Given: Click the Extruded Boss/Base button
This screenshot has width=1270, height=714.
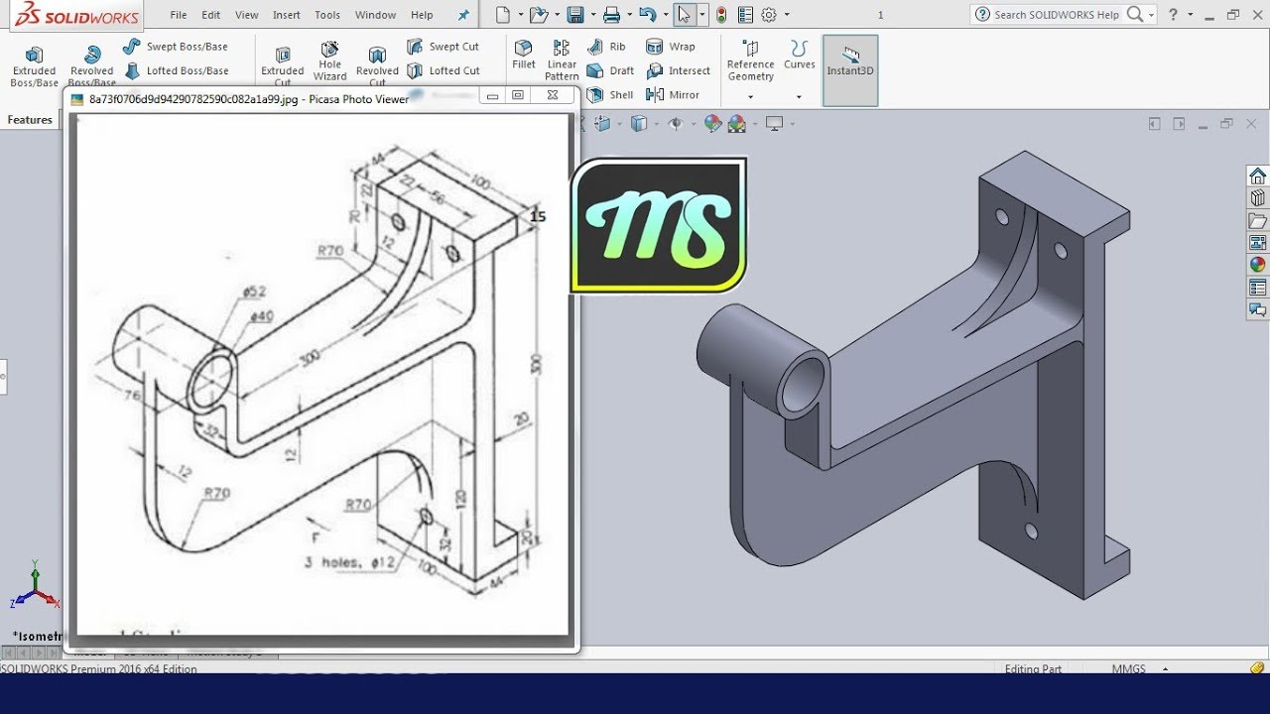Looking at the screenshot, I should tap(34, 65).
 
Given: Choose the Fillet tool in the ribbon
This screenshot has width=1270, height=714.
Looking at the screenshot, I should tap(523, 54).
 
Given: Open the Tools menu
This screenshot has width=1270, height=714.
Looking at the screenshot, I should tap(326, 15).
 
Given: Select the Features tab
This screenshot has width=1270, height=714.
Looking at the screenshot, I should tap(30, 120).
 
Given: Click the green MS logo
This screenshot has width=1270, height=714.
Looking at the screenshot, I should tap(659, 225).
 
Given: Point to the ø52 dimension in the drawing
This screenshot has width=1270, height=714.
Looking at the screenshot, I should tap(254, 292).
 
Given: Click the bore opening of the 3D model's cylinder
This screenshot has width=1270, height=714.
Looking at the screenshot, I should tap(804, 386).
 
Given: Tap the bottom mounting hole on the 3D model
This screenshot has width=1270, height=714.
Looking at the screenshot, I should tap(1031, 532).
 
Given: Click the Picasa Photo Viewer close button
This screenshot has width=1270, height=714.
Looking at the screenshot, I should tap(552, 95).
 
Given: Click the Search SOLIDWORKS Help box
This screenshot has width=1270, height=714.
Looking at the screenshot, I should tap(1056, 15).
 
